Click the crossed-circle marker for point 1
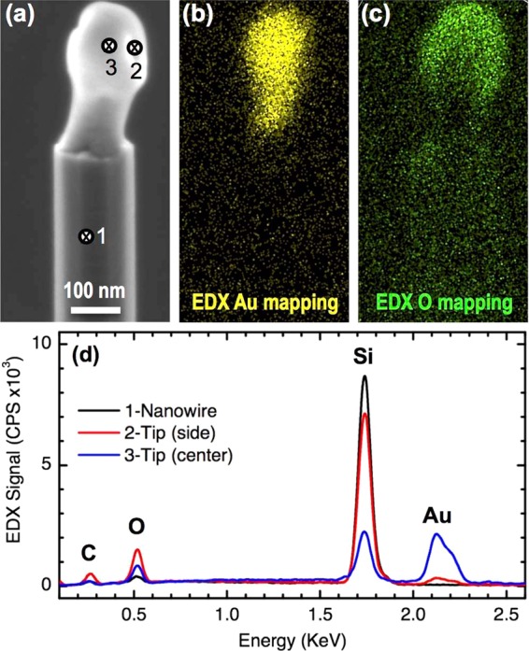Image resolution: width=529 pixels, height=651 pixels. coord(85,237)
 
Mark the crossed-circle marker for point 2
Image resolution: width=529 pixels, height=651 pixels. coord(135,48)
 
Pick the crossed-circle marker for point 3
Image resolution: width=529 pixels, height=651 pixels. coord(109,46)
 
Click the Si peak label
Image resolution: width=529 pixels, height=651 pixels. coord(365,356)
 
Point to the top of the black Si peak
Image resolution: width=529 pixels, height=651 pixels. coord(365,376)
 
